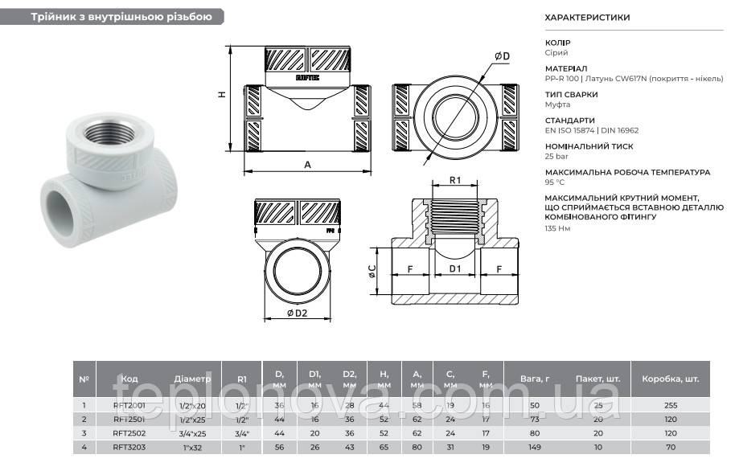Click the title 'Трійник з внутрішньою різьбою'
coord(121,17)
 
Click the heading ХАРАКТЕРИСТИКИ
coord(587,17)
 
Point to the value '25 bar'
coord(556,156)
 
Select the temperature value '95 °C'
coord(555,182)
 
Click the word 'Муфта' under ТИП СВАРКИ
coord(557,104)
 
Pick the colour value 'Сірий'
coord(556,52)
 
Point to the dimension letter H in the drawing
coord(221,94)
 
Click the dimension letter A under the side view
coord(308,164)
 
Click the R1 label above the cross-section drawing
coord(454,181)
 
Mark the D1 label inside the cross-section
coord(455,268)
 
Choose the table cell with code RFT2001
coord(129,406)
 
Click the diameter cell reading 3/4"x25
coord(193,432)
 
